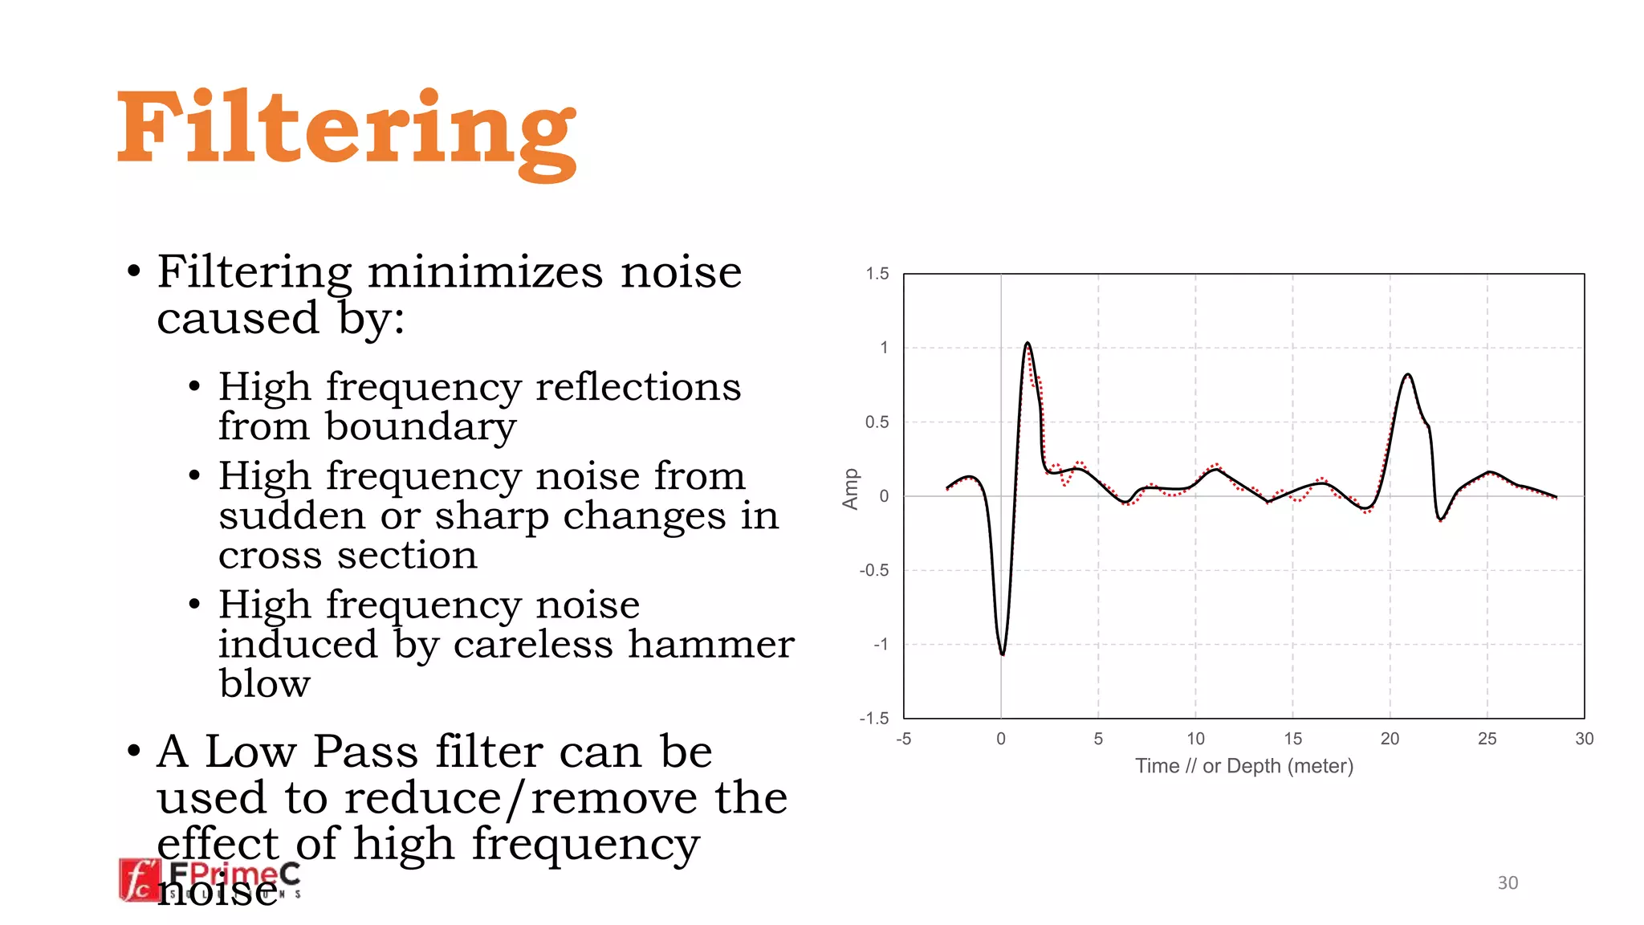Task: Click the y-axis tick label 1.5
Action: click(x=877, y=274)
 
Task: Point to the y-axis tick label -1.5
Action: click(x=874, y=719)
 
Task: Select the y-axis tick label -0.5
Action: click(x=874, y=570)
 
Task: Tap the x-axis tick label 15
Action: click(x=1292, y=739)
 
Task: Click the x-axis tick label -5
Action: click(x=904, y=739)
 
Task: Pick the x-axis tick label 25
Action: click(x=1487, y=739)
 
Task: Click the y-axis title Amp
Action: click(x=850, y=489)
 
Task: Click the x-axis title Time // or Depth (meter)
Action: click(x=1243, y=766)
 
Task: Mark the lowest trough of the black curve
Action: click(x=1003, y=654)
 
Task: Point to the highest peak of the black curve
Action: click(x=1027, y=344)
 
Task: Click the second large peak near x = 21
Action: click(x=1407, y=375)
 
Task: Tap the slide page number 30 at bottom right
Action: click(x=1508, y=883)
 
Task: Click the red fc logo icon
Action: click(x=140, y=880)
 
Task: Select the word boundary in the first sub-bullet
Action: click(x=421, y=426)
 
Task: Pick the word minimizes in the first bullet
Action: click(x=485, y=272)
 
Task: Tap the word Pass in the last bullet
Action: click(x=367, y=752)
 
